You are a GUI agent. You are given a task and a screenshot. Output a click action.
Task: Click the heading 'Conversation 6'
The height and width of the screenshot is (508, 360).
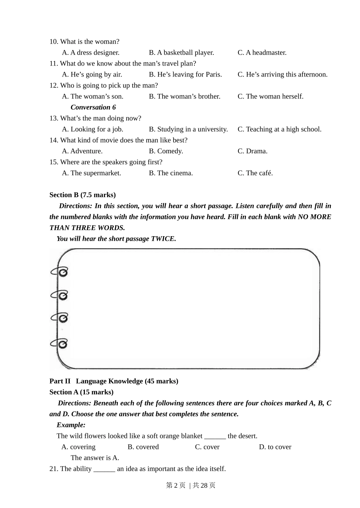coord(93,108)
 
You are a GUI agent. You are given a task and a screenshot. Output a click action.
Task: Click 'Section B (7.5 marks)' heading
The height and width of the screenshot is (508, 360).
coord(83,195)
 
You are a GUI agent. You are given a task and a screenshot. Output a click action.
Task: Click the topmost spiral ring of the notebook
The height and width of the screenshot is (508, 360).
coord(60,272)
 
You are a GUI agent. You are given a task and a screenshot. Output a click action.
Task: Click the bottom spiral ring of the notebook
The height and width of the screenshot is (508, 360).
coord(60,344)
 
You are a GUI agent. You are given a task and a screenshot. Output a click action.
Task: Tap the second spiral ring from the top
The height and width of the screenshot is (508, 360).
coord(60,295)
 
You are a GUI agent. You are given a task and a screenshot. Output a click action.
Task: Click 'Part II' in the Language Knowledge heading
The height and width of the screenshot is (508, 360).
coord(60,381)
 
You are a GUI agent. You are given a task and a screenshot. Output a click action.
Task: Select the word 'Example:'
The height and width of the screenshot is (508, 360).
coord(71,425)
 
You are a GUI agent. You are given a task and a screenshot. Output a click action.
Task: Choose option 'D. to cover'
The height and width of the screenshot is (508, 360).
coord(275,447)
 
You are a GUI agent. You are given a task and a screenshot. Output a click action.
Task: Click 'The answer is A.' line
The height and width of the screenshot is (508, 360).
coord(95,458)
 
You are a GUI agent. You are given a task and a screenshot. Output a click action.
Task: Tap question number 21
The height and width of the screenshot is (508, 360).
coord(53,469)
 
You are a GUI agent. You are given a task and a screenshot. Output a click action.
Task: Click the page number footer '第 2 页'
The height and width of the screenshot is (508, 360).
coord(175,485)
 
